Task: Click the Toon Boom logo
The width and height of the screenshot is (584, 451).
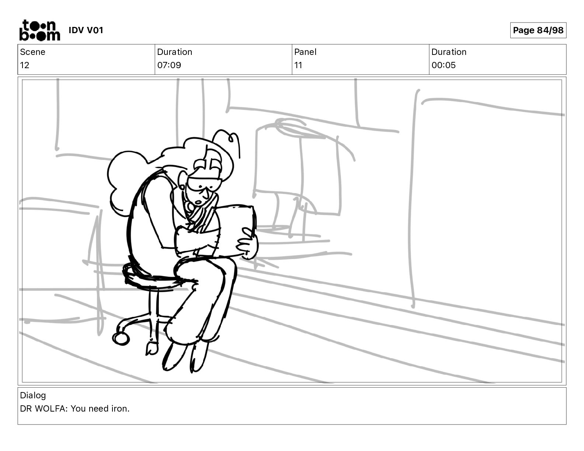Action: click(x=40, y=30)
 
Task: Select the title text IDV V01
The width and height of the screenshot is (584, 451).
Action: click(x=86, y=30)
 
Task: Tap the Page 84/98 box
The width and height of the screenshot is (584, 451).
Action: click(x=538, y=30)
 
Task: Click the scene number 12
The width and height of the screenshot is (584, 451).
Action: click(x=24, y=65)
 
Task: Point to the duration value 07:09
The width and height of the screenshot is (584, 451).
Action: click(x=169, y=65)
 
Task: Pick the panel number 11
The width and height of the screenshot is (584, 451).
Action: click(x=298, y=65)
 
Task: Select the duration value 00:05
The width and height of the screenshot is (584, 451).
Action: click(x=444, y=65)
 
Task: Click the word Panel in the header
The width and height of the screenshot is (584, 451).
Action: click(x=305, y=52)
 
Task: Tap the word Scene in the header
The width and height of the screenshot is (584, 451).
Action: click(x=32, y=52)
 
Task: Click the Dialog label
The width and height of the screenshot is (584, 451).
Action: click(x=33, y=395)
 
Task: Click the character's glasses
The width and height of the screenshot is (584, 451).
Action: click(x=204, y=184)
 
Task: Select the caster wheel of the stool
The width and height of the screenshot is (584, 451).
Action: click(x=121, y=339)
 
